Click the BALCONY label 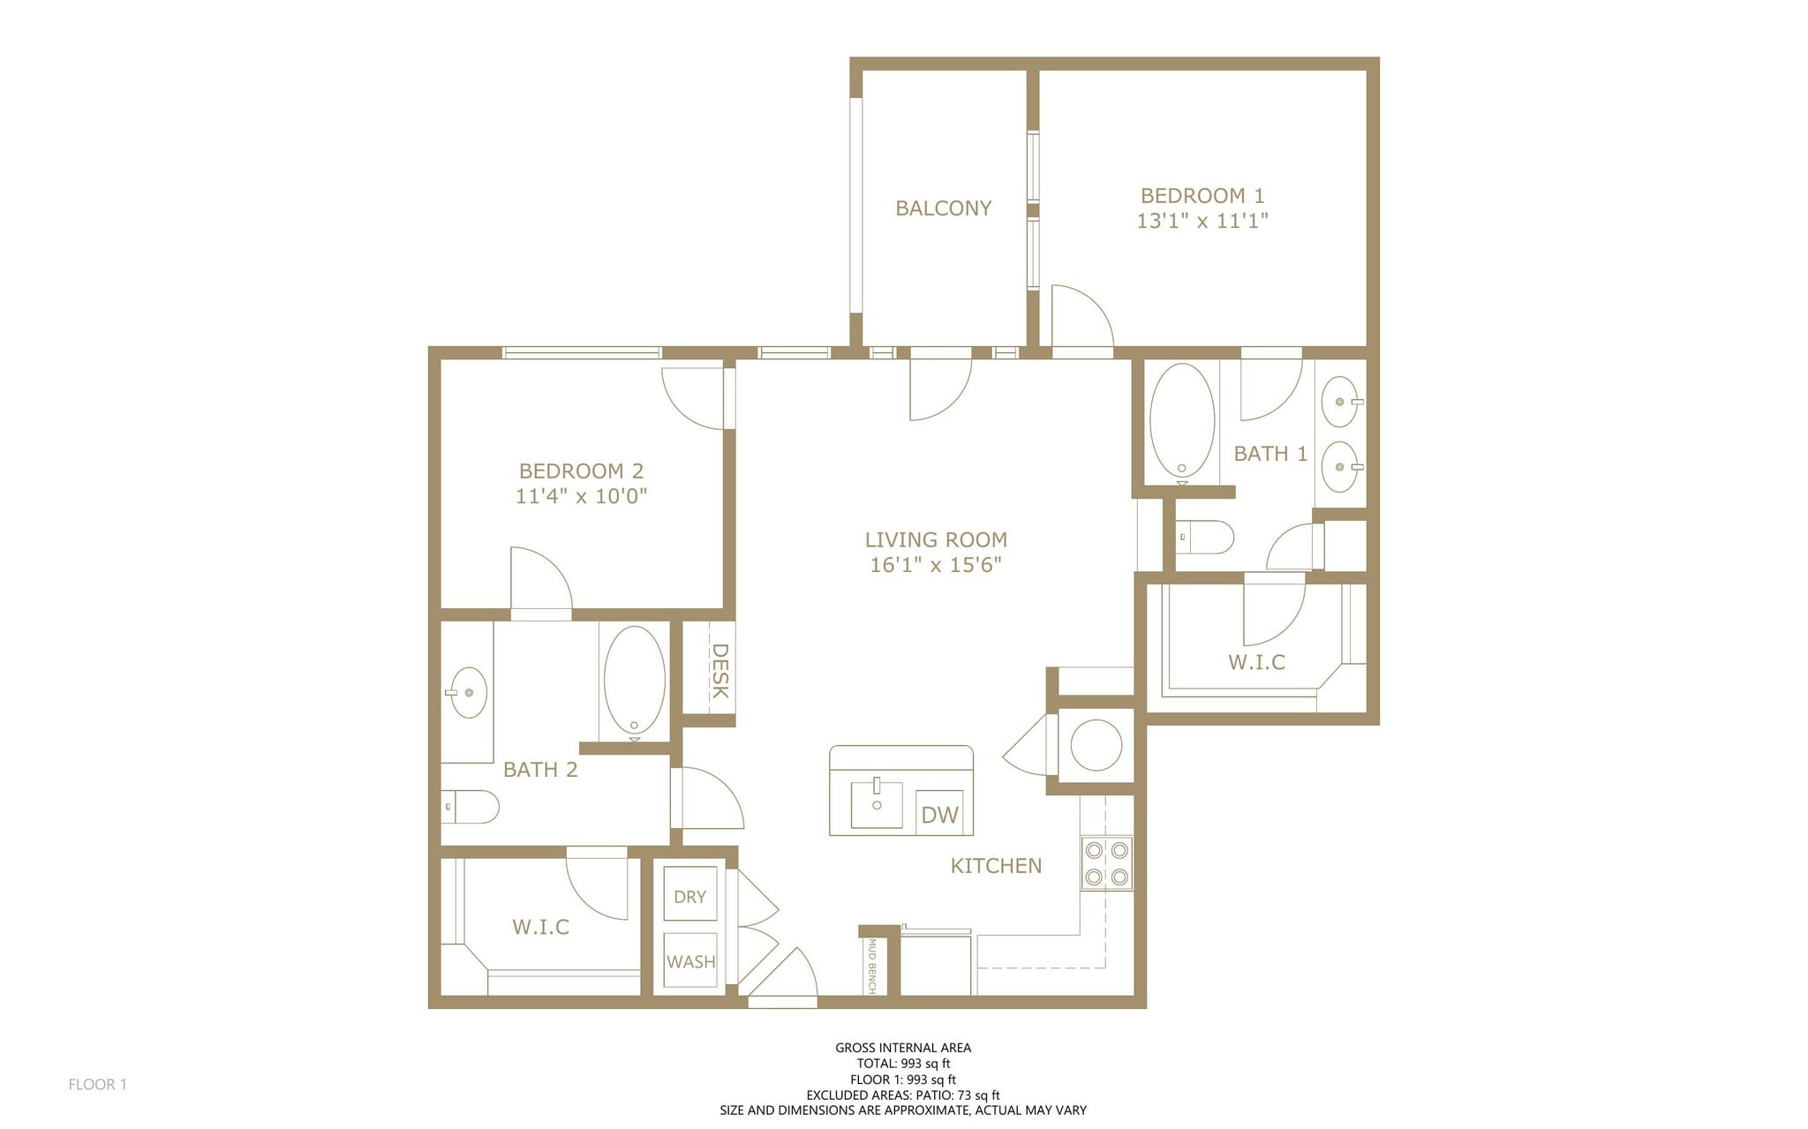point(943,208)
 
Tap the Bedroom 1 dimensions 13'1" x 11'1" point(1202,221)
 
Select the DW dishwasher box point(939,814)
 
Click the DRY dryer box point(689,896)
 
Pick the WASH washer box point(690,961)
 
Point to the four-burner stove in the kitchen point(1107,863)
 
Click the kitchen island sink point(877,803)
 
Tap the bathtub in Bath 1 point(1182,421)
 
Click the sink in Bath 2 point(467,693)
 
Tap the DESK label point(719,671)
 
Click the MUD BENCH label point(871,965)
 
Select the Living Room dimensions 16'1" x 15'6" point(936,565)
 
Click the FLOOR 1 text point(97,1084)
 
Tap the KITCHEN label point(996,866)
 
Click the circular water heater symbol point(1096,745)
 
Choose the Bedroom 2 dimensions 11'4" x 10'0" point(581,496)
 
